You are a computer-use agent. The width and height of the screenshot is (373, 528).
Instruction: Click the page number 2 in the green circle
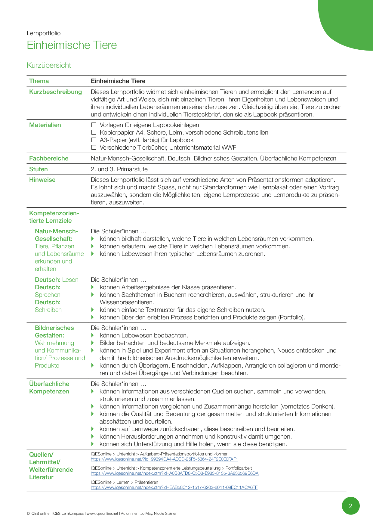point(350,506)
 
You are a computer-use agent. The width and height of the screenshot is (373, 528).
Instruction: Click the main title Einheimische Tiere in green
point(72,45)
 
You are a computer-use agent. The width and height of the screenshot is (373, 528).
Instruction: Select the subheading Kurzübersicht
point(49,65)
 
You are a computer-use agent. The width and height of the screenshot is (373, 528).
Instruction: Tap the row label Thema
point(39,81)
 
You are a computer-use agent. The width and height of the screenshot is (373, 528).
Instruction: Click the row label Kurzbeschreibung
point(55,92)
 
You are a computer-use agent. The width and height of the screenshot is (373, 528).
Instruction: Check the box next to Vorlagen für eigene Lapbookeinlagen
point(94,125)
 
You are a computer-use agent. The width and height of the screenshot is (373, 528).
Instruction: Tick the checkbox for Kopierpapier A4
point(94,132)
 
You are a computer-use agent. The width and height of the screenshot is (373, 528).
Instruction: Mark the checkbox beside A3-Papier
point(94,140)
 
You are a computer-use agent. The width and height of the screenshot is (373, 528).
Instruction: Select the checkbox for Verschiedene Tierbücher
point(94,148)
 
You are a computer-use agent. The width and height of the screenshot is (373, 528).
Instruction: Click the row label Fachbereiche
point(49,158)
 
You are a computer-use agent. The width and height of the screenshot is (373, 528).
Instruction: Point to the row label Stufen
point(38,169)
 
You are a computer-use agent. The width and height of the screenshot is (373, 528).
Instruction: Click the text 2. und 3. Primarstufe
point(119,169)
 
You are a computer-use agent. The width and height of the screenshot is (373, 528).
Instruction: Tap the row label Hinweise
point(42,180)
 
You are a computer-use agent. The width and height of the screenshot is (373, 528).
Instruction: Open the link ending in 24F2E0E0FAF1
point(164,459)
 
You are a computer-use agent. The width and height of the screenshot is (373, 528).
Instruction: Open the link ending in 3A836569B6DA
point(174,473)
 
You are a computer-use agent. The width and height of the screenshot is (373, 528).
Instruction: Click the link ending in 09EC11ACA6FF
point(174,487)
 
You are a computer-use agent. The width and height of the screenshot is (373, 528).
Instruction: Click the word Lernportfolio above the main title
point(44,33)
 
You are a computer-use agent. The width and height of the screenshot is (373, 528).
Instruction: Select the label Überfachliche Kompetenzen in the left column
point(49,387)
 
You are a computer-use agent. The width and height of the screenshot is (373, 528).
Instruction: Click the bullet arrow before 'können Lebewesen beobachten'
point(93,335)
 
